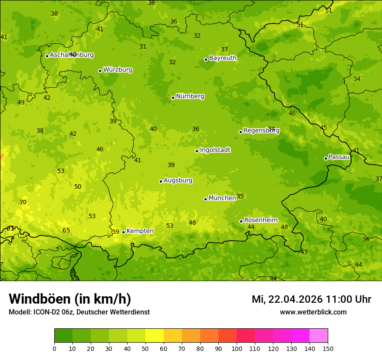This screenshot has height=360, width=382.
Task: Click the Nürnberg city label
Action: click(x=190, y=96)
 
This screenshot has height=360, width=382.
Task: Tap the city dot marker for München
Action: click(x=205, y=199)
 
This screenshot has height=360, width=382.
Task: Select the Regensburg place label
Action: click(x=261, y=131)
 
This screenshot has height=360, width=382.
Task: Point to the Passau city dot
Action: click(x=326, y=158)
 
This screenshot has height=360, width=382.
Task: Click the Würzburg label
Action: click(x=118, y=70)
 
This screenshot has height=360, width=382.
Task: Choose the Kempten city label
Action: click(x=140, y=231)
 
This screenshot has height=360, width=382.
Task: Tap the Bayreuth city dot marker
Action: click(x=206, y=59)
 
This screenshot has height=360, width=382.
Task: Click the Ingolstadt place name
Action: click(x=215, y=150)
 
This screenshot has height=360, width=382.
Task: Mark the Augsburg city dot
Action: click(x=161, y=181)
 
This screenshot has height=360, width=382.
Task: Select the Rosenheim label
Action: click(x=260, y=220)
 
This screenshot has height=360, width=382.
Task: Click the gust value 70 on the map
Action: click(x=23, y=203)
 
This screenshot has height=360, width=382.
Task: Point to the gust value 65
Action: click(x=66, y=231)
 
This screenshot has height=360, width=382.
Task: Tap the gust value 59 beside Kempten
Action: click(x=115, y=232)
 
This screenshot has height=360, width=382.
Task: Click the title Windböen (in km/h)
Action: click(x=70, y=299)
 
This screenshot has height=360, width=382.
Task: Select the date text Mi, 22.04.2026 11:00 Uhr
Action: click(x=311, y=299)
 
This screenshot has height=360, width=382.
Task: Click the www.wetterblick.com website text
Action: click(x=313, y=312)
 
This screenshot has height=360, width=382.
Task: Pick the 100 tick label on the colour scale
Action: click(x=237, y=348)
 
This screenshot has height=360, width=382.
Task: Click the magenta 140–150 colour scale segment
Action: click(x=319, y=336)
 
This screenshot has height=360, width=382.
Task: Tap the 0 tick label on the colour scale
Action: click(x=54, y=348)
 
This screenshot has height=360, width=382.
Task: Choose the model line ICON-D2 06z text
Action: click(x=79, y=312)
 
